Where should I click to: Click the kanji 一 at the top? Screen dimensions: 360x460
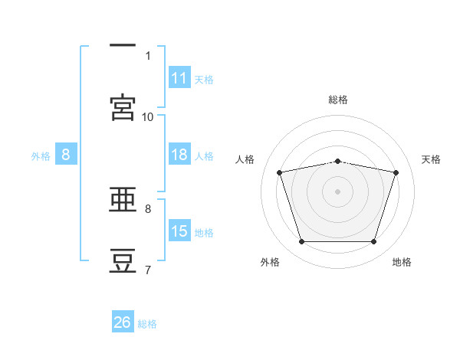tap(123, 47)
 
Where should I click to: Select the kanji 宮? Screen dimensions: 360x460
tap(123, 107)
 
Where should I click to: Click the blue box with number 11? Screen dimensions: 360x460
tap(179, 78)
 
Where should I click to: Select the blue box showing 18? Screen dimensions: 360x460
tap(179, 155)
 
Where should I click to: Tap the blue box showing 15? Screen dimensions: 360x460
tap(179, 231)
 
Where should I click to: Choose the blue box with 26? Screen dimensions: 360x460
tap(123, 322)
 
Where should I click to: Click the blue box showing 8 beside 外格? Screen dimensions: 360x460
tap(66, 155)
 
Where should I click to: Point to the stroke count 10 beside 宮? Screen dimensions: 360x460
tap(148, 116)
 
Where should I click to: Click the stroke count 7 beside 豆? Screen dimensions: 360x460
tap(148, 270)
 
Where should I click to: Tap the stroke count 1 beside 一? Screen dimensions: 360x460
tap(148, 55)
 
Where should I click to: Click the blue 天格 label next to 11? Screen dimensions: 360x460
tap(204, 79)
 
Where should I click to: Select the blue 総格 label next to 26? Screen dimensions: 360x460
tap(147, 324)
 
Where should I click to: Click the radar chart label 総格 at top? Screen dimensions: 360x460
tap(338, 100)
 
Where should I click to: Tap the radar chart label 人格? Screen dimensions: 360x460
tap(245, 159)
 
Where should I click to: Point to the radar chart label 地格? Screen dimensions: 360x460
tap(402, 262)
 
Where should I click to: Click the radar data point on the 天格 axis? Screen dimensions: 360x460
tap(396, 172)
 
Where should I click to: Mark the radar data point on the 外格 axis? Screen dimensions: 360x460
tap(301, 242)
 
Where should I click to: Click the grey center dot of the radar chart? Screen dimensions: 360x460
tap(338, 191)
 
